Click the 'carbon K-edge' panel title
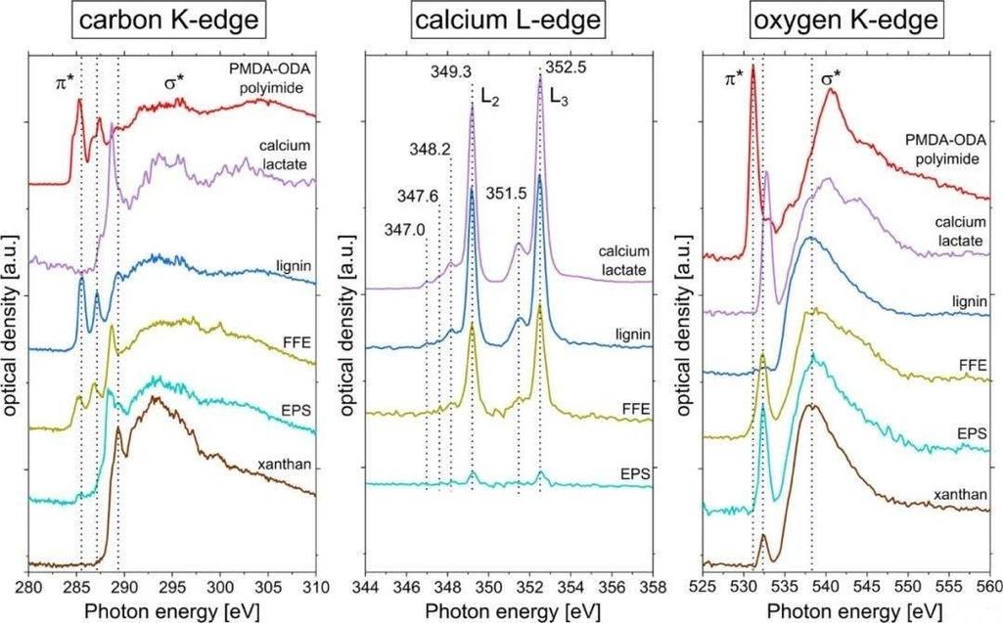169,20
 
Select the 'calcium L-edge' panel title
508,20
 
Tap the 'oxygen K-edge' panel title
845,20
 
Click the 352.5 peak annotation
565,67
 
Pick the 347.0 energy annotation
405,230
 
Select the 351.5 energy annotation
505,194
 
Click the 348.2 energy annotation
430,150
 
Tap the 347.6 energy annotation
418,196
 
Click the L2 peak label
489,97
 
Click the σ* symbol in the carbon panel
174,81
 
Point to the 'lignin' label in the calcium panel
633,334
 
